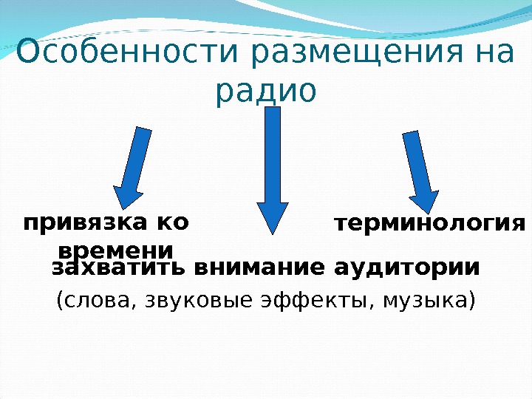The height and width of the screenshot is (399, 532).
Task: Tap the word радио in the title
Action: point(266,91)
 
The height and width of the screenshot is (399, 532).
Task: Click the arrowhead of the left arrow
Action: point(126,196)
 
